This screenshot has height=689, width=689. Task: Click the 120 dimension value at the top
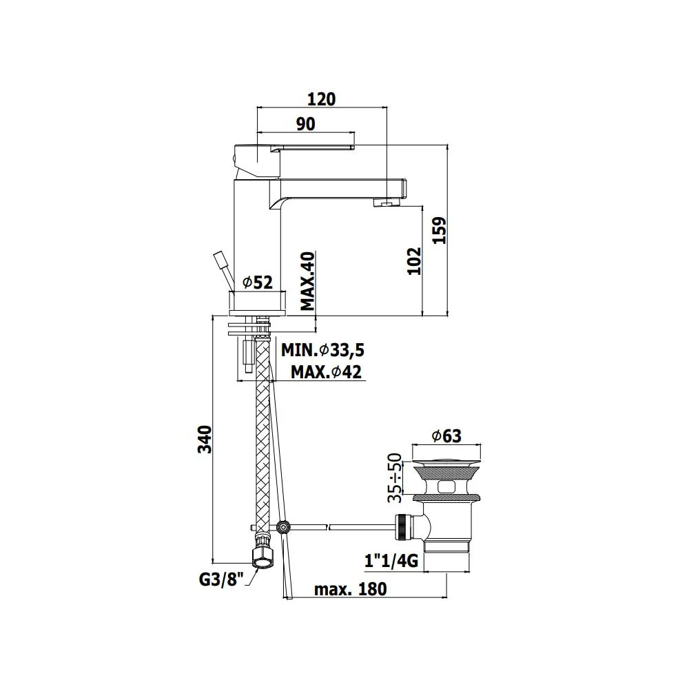click(321, 99)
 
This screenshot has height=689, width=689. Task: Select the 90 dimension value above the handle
click(305, 124)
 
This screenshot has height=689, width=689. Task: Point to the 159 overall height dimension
click(439, 230)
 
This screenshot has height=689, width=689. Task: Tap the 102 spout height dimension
click(414, 261)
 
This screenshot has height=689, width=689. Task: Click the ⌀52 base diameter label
click(258, 282)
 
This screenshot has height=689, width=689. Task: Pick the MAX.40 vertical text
click(308, 281)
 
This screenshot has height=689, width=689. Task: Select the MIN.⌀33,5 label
click(323, 350)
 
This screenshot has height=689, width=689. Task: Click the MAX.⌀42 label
click(326, 372)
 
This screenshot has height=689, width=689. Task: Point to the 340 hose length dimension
click(205, 439)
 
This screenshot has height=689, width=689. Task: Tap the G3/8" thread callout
click(221, 579)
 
